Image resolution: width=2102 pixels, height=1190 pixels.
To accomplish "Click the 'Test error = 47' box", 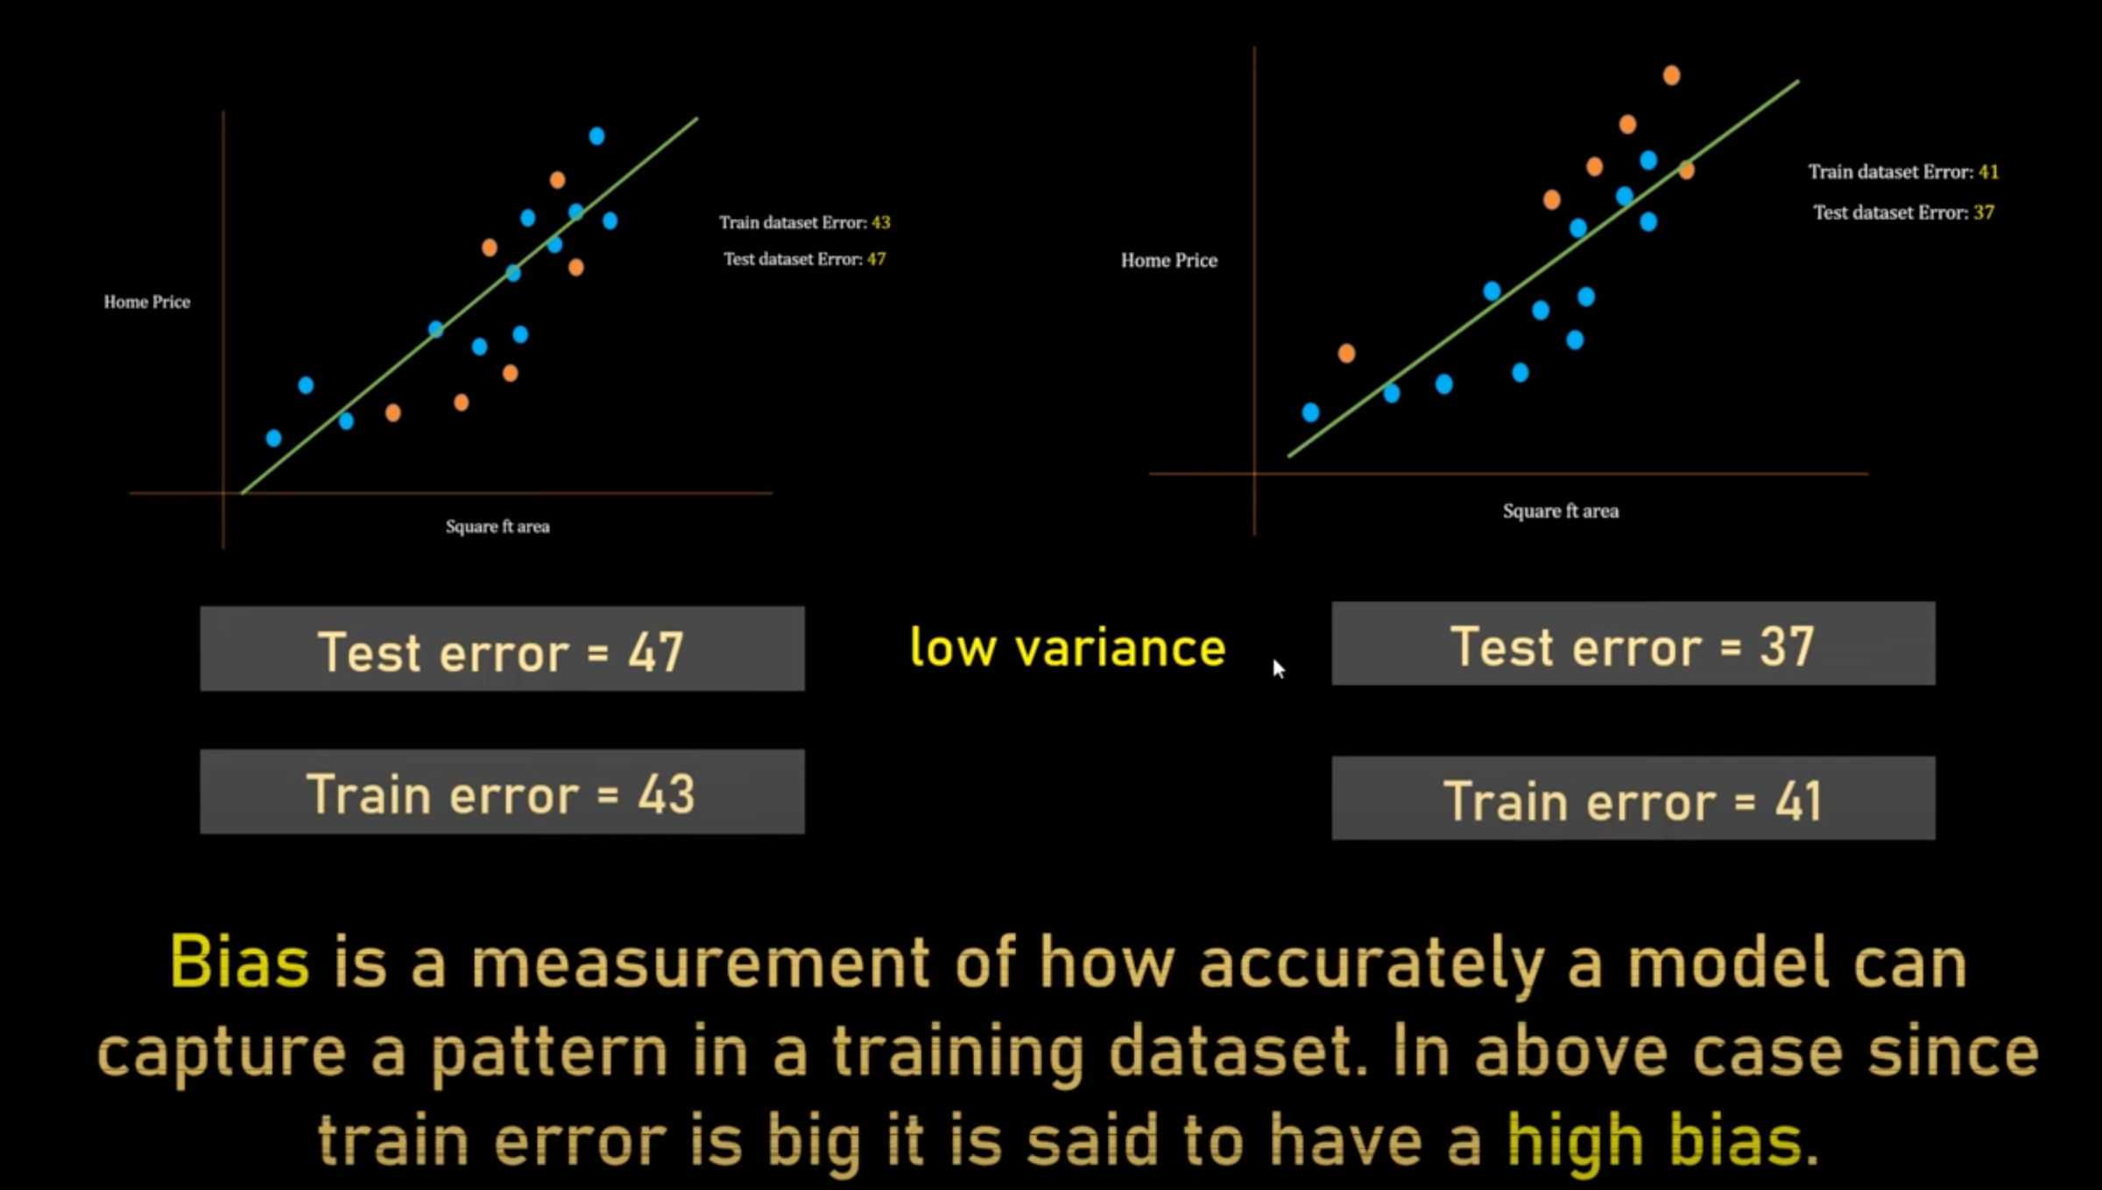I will pyautogui.click(x=502, y=650).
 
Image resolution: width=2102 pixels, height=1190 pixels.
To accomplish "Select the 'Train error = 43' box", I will pyautogui.click(x=502, y=792).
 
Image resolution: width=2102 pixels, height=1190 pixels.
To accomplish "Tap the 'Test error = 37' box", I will pyautogui.click(x=1633, y=644).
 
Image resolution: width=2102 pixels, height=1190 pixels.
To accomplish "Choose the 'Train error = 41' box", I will pyautogui.click(x=1633, y=799).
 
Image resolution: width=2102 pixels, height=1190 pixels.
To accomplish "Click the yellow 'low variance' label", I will pyautogui.click(x=1068, y=648).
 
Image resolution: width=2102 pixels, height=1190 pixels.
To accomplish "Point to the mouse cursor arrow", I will pyautogui.click(x=1278, y=668).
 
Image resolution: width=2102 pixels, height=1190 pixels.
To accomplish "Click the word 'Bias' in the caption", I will pyautogui.click(x=239, y=962).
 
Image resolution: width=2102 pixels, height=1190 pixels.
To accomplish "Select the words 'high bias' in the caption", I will pyautogui.click(x=1654, y=1140).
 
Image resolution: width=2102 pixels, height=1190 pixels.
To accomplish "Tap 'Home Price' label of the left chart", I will pyautogui.click(x=147, y=302).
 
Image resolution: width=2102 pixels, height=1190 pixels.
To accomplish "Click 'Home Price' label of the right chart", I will pyautogui.click(x=1169, y=261).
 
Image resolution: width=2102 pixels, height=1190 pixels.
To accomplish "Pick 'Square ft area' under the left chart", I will pyautogui.click(x=497, y=527).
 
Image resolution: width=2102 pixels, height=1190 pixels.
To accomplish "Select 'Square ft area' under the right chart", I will pyautogui.click(x=1561, y=511).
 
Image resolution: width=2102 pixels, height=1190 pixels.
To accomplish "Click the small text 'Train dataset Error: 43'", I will pyautogui.click(x=804, y=222).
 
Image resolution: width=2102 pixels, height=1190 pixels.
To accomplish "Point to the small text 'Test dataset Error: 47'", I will pyautogui.click(x=804, y=259).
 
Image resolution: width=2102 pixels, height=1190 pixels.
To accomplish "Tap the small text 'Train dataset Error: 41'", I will pyautogui.click(x=1903, y=172).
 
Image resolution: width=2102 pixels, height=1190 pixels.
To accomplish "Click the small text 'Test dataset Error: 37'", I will pyautogui.click(x=1903, y=213).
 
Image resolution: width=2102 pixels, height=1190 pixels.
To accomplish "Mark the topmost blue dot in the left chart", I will pyautogui.click(x=596, y=136).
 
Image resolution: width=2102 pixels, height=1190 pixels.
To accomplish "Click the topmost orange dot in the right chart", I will pyautogui.click(x=1671, y=75).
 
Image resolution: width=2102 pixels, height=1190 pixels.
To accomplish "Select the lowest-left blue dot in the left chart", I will pyautogui.click(x=274, y=438).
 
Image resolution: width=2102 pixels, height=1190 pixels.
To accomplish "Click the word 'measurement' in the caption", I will pyautogui.click(x=700, y=962).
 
